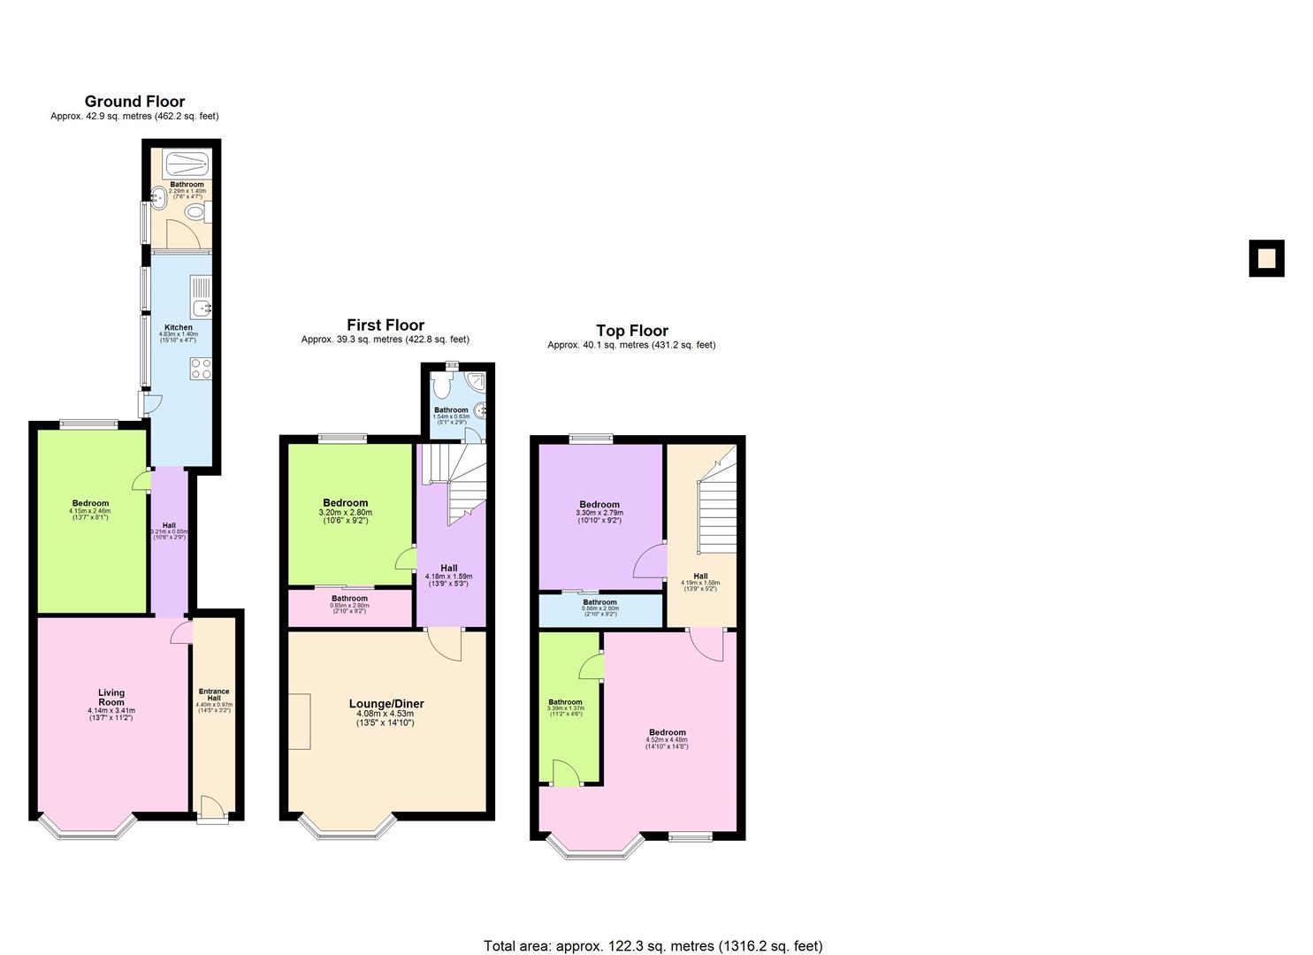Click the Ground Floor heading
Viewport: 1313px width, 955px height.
[x=134, y=102]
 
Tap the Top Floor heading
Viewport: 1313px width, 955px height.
[x=631, y=331]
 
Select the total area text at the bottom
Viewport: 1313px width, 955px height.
[x=653, y=945]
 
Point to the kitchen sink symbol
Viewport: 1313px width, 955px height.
[x=202, y=297]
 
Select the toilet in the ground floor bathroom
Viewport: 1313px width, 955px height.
[x=203, y=213]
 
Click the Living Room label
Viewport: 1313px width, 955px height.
[x=111, y=698]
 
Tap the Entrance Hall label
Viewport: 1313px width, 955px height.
[x=214, y=696]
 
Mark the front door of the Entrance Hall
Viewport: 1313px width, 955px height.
[x=211, y=807]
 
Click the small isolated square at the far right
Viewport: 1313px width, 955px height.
[x=1266, y=258]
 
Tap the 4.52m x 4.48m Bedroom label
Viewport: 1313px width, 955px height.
[x=667, y=733]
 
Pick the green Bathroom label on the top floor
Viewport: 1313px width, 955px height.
[x=565, y=703]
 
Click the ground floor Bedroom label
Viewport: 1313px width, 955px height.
[x=90, y=504]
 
